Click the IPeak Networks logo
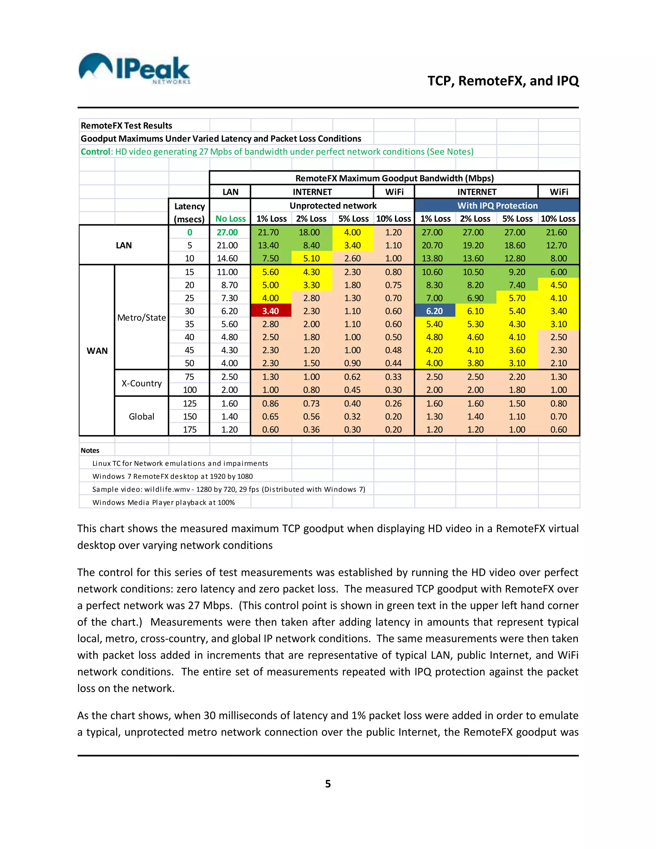click(134, 69)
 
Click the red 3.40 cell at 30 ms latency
click(270, 311)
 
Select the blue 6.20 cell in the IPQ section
click(434, 311)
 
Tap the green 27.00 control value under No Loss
click(227, 233)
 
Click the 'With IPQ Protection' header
click(497, 206)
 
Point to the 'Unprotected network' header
click(333, 206)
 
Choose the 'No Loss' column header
click(230, 219)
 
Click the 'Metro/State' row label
click(142, 317)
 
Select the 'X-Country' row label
click(142, 383)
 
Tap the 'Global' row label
click(142, 416)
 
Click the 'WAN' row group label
click(97, 350)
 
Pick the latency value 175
click(190, 430)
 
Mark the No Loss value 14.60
click(227, 259)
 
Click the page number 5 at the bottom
click(328, 784)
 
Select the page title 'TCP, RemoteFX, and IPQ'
click(503, 81)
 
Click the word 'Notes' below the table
click(90, 450)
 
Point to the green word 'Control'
click(95, 152)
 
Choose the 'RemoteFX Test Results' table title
click(126, 126)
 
